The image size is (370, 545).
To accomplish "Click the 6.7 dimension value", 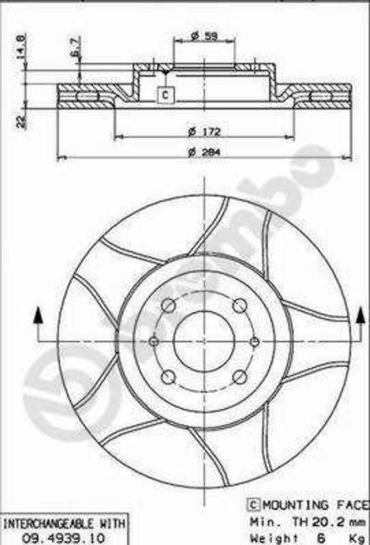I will (76, 47).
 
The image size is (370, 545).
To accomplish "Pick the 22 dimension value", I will (21, 122).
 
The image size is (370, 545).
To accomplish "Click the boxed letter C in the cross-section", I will (165, 95).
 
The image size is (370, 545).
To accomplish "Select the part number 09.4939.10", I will (63, 538).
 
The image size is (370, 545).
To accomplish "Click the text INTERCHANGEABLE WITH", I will (63, 524).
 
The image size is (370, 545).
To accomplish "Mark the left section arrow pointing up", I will (38, 316).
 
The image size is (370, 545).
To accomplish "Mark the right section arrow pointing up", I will (361, 316).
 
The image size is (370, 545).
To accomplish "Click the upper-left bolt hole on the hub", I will (168, 305).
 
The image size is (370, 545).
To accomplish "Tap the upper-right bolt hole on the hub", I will (240, 305).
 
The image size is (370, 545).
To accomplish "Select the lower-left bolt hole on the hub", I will (168, 377).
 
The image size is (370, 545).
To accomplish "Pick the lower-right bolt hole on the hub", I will (240, 377).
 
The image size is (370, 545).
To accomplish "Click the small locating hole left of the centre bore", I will (154, 341).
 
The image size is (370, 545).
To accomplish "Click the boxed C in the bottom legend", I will (254, 505).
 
